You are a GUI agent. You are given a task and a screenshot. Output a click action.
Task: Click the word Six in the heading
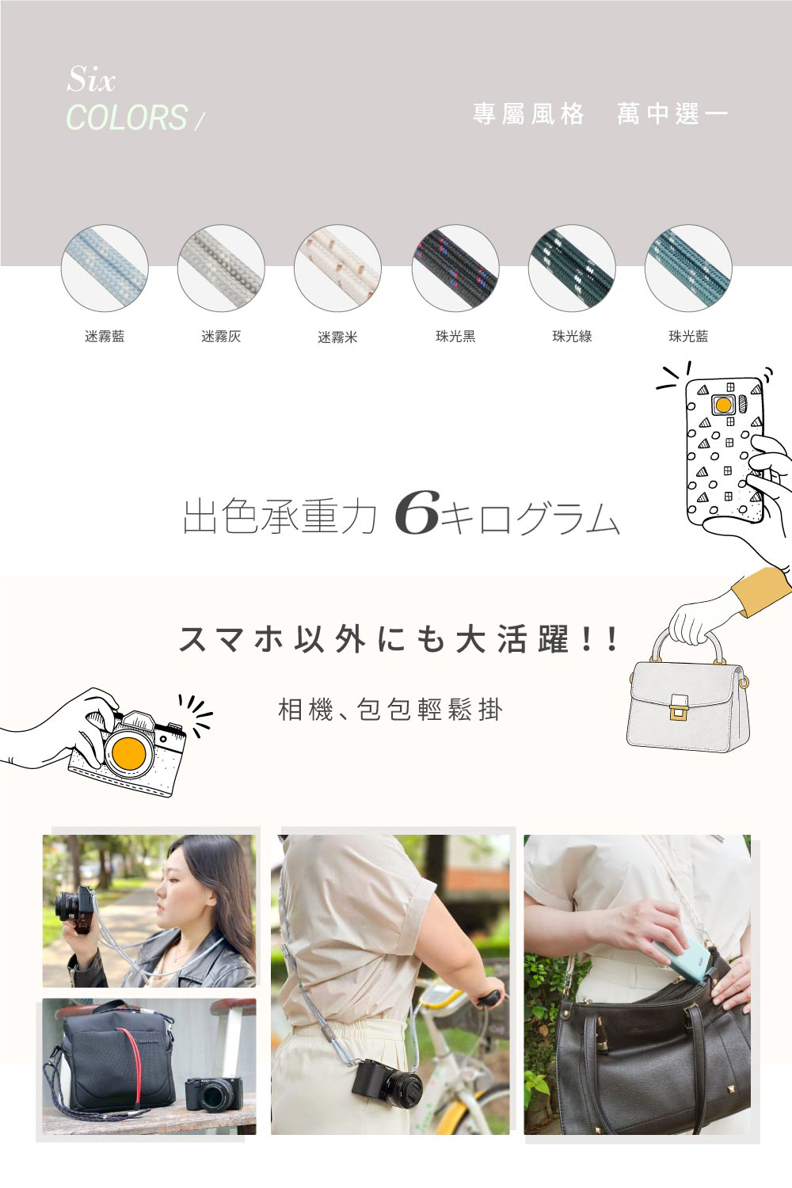pyautogui.click(x=91, y=78)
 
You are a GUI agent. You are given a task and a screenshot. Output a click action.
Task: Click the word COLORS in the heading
pyautogui.click(x=127, y=116)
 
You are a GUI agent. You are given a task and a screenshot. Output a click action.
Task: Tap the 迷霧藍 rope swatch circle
pyautogui.click(x=105, y=268)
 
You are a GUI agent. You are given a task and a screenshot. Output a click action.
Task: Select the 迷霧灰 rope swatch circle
pyautogui.click(x=221, y=268)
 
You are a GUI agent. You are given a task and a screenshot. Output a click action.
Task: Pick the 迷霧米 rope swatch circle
pyautogui.click(x=337, y=268)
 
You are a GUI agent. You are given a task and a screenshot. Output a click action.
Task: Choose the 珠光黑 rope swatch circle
pyautogui.click(x=455, y=268)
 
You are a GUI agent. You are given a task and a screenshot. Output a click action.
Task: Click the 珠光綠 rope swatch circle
pyautogui.click(x=572, y=268)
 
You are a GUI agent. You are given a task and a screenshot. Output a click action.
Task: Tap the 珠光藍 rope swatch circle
pyautogui.click(x=688, y=268)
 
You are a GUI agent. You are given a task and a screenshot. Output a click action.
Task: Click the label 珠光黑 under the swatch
pyautogui.click(x=455, y=337)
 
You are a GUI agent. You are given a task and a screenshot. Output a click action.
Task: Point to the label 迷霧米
pyautogui.click(x=337, y=337)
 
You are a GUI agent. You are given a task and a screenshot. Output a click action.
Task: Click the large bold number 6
pyautogui.click(x=416, y=512)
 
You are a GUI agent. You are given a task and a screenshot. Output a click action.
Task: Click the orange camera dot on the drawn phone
pyautogui.click(x=723, y=406)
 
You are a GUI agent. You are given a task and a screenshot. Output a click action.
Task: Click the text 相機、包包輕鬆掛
pyautogui.click(x=390, y=710)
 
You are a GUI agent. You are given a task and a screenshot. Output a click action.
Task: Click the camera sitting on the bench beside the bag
pyautogui.click(x=214, y=1094)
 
